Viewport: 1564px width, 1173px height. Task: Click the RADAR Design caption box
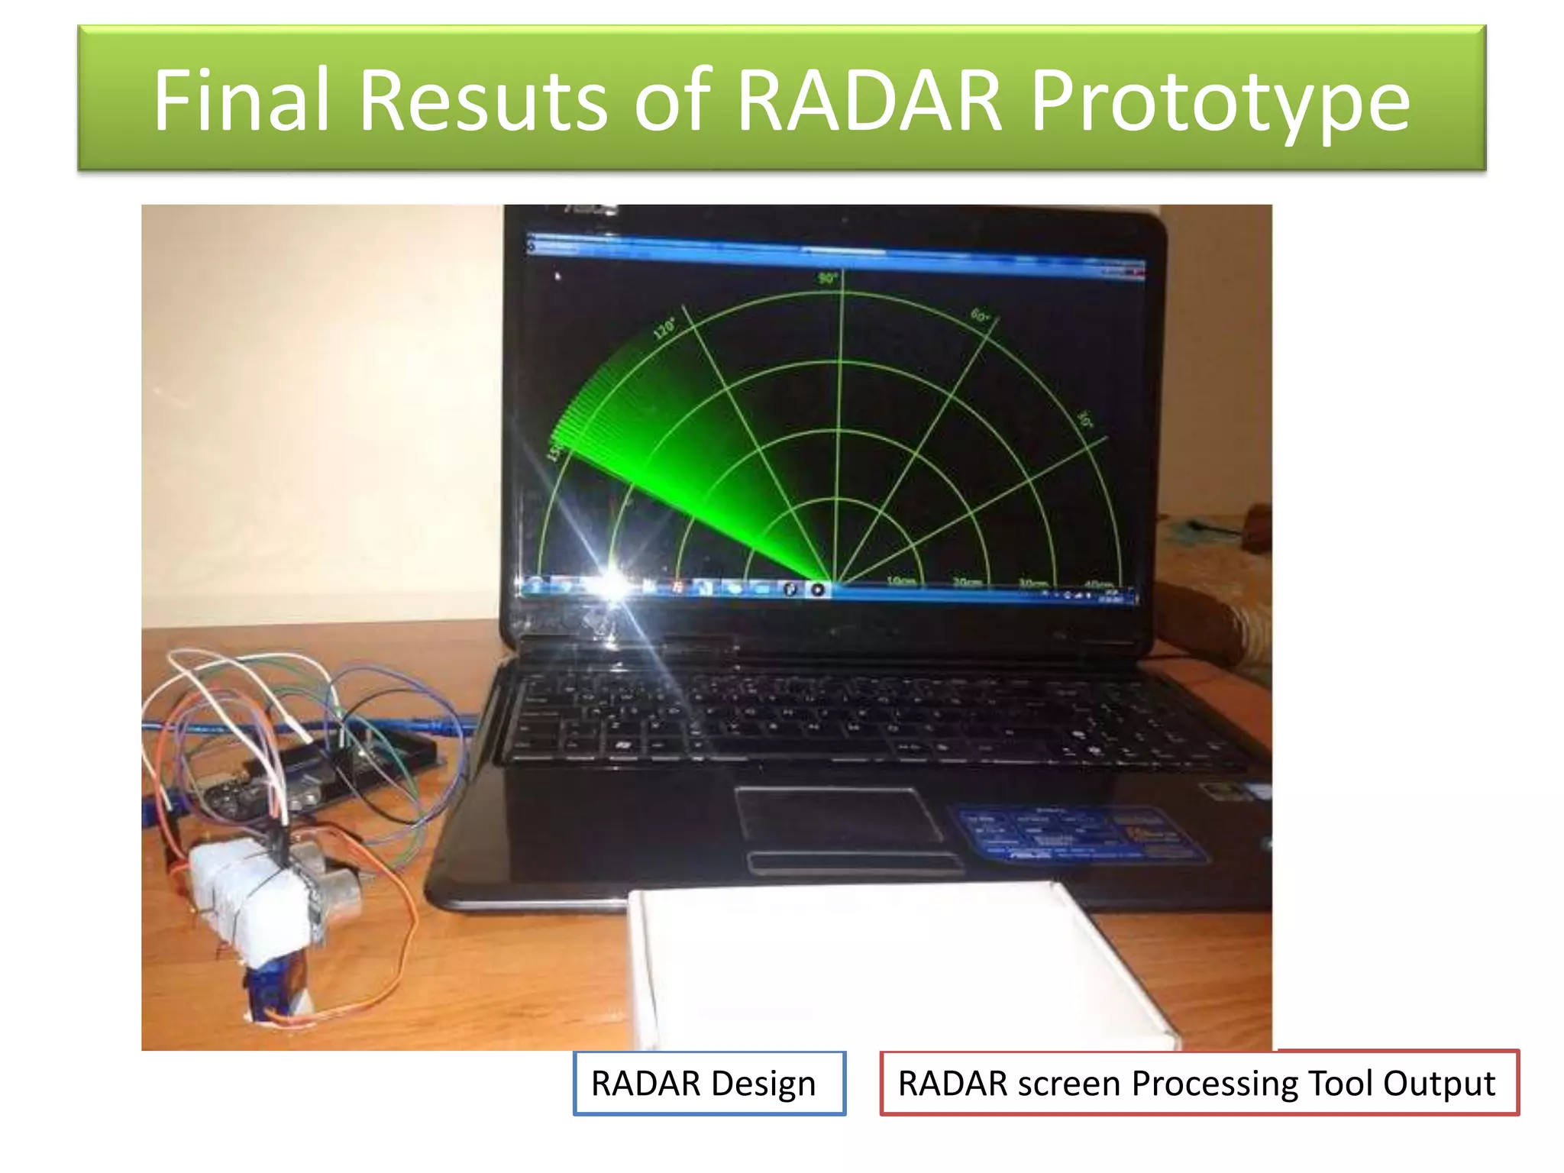[709, 1083]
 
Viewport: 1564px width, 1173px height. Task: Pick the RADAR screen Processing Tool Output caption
[1199, 1083]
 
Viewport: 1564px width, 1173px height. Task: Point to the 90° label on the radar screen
[828, 279]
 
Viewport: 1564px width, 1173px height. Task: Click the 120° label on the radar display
[664, 328]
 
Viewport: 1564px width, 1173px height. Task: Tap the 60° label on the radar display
[980, 315]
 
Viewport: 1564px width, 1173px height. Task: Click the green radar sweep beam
[672, 473]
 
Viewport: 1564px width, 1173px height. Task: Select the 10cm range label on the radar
[901, 581]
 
